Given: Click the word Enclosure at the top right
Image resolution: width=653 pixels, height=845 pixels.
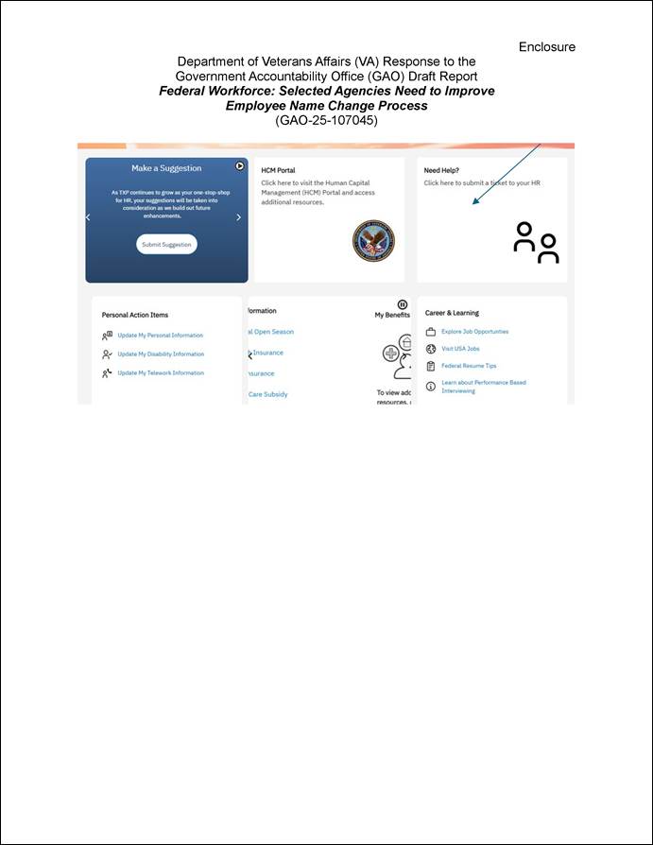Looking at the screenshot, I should (546, 47).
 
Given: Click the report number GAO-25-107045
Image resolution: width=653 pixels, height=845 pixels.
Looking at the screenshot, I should (326, 120).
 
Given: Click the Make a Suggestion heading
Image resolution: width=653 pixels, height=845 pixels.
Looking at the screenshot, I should (166, 168).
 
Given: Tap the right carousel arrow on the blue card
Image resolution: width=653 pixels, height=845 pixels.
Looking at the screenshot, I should (238, 217).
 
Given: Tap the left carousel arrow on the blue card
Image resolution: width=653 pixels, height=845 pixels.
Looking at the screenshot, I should (88, 217).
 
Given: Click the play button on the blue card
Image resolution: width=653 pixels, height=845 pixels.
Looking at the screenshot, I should (240, 166).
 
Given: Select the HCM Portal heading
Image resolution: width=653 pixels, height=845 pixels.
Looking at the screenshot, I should (278, 171).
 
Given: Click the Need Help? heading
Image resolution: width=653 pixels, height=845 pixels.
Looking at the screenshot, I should (440, 171).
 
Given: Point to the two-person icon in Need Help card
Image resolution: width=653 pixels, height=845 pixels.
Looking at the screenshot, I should (536, 243).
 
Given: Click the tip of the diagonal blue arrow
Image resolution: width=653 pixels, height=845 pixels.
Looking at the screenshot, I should (473, 203).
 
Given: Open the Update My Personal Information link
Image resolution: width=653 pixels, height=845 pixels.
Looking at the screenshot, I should (160, 336).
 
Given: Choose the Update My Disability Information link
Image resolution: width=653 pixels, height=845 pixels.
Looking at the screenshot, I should (160, 354).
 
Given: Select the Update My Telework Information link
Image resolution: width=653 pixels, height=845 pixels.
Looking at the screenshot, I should (160, 373).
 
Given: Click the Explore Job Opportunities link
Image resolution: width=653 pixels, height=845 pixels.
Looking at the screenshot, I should (474, 332).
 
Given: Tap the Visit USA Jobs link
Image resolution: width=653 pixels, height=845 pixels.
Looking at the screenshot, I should (460, 349).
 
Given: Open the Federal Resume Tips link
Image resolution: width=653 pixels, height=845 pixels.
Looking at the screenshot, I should (469, 366).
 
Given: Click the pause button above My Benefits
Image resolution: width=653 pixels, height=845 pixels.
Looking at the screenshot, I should (403, 304).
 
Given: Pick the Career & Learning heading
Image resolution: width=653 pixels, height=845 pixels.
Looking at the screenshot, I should (452, 313).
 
